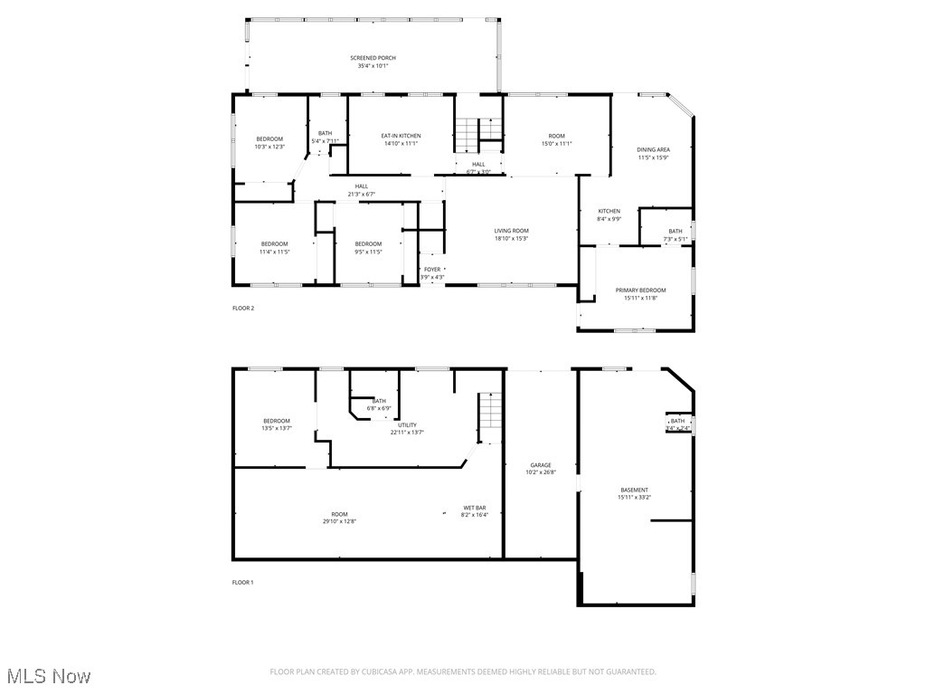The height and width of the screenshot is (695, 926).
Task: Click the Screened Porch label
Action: pyautogui.click(x=373, y=58)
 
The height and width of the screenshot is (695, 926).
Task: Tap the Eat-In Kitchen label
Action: pyautogui.click(x=401, y=136)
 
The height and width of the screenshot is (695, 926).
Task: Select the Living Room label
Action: pyautogui.click(x=511, y=231)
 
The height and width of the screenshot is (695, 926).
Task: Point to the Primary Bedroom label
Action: pyautogui.click(x=640, y=290)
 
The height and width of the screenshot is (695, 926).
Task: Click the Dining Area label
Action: pyautogui.click(x=653, y=149)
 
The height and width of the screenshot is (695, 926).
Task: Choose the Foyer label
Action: pyautogui.click(x=432, y=269)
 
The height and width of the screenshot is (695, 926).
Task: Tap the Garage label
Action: pyautogui.click(x=541, y=465)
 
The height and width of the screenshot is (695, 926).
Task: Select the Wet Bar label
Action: pyautogui.click(x=475, y=508)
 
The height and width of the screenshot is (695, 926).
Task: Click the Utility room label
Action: pyautogui.click(x=406, y=424)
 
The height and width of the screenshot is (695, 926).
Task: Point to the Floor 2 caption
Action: pyautogui.click(x=243, y=309)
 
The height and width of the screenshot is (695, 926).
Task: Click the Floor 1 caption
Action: pyautogui.click(x=243, y=582)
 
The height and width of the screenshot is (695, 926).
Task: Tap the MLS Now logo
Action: pyautogui.click(x=47, y=676)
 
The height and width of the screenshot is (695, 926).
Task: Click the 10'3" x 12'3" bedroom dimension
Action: pyautogui.click(x=269, y=147)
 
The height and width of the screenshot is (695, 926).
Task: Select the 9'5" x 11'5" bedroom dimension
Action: pyautogui.click(x=368, y=252)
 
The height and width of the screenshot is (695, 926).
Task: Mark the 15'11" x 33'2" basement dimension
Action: pyautogui.click(x=634, y=497)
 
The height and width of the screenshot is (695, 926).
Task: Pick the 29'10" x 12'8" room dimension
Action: pyautogui.click(x=339, y=521)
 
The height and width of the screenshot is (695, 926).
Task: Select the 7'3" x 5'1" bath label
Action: pyautogui.click(x=676, y=239)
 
